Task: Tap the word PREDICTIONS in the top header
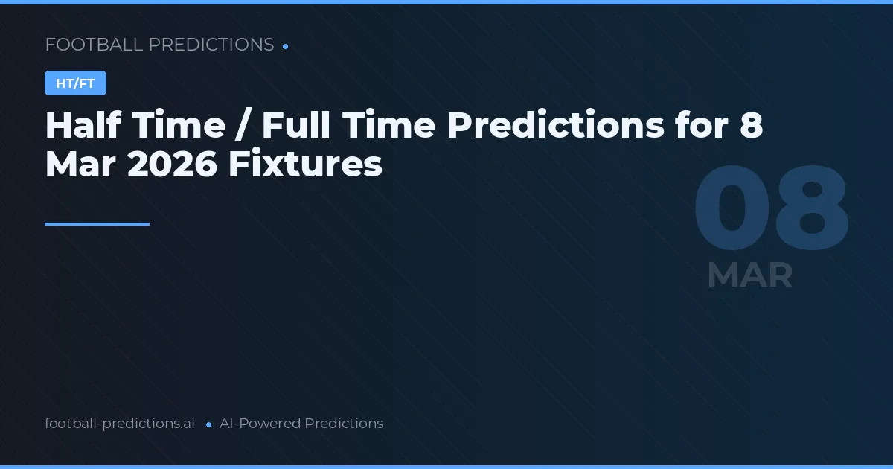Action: tap(211, 45)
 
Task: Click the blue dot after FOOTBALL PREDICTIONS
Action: tap(285, 46)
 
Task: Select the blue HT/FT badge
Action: tap(75, 83)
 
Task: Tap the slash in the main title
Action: tap(243, 126)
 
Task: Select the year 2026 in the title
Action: tap(172, 165)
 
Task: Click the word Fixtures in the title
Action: tap(305, 165)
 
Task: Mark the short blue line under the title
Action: tap(97, 223)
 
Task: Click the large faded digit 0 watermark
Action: tap(731, 209)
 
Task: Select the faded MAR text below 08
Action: tap(749, 275)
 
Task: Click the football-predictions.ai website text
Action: tap(120, 424)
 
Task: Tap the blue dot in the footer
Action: tap(208, 424)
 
